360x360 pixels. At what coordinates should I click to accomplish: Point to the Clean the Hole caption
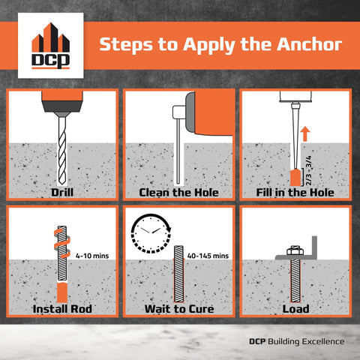click(178, 193)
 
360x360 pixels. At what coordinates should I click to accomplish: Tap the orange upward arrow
click(304, 135)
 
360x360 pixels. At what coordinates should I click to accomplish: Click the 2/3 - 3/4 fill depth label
click(310, 170)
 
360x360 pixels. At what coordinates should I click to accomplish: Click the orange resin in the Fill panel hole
click(295, 178)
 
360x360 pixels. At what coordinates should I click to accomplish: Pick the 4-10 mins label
click(93, 256)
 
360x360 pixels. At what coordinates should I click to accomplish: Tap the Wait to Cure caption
click(178, 308)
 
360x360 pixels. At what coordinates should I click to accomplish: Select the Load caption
click(295, 308)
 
